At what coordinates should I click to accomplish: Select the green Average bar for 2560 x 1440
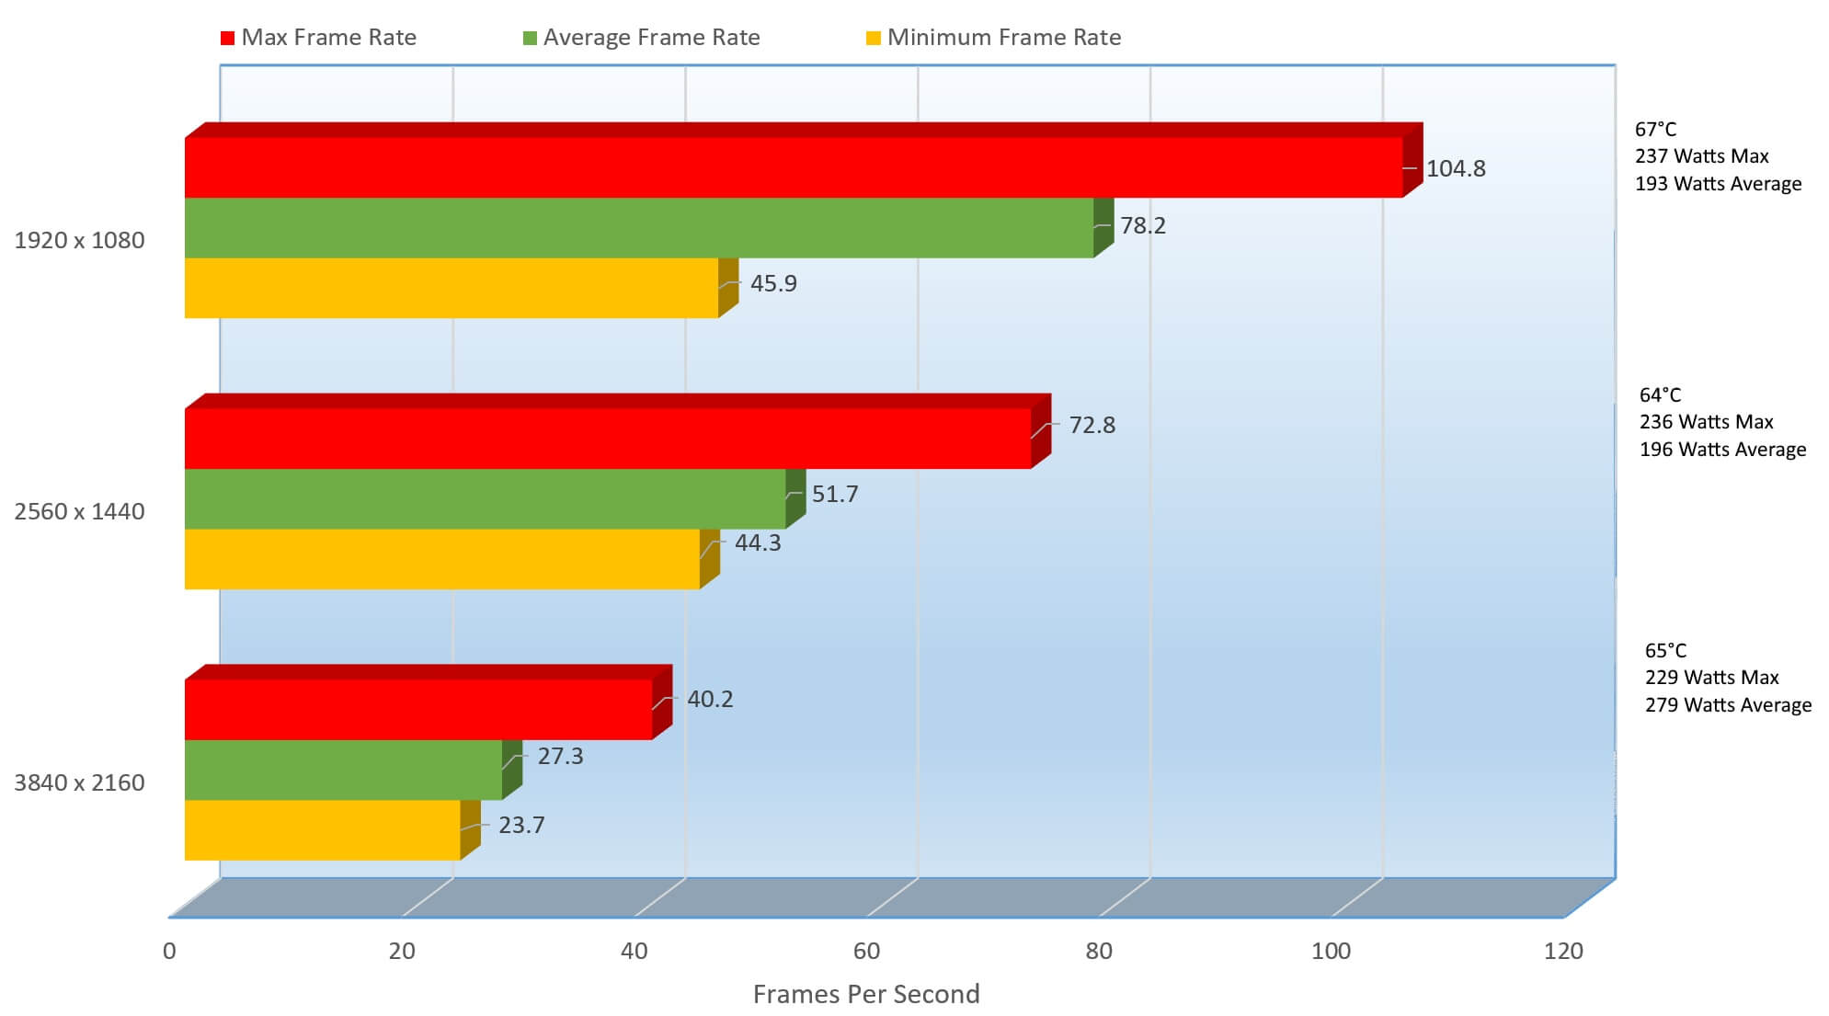(x=485, y=498)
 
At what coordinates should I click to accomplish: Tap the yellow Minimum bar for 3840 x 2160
(x=322, y=829)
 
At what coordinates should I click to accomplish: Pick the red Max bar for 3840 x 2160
(x=418, y=709)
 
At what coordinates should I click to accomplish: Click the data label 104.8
(x=1456, y=168)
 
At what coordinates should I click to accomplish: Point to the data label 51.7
(x=835, y=494)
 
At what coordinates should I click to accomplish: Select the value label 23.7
(x=521, y=825)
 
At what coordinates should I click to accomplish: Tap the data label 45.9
(x=773, y=283)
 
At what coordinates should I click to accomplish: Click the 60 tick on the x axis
(x=866, y=951)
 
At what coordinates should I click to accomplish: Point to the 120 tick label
(x=1563, y=951)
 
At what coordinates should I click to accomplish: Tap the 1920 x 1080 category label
(x=79, y=240)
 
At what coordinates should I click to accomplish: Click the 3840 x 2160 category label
(x=79, y=782)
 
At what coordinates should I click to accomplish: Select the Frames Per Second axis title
(x=866, y=994)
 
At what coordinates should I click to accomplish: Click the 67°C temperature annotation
(x=1655, y=130)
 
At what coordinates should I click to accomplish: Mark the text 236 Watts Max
(x=1706, y=422)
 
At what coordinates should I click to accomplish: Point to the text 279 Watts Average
(x=1728, y=705)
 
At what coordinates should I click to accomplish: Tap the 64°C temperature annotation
(x=1660, y=395)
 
